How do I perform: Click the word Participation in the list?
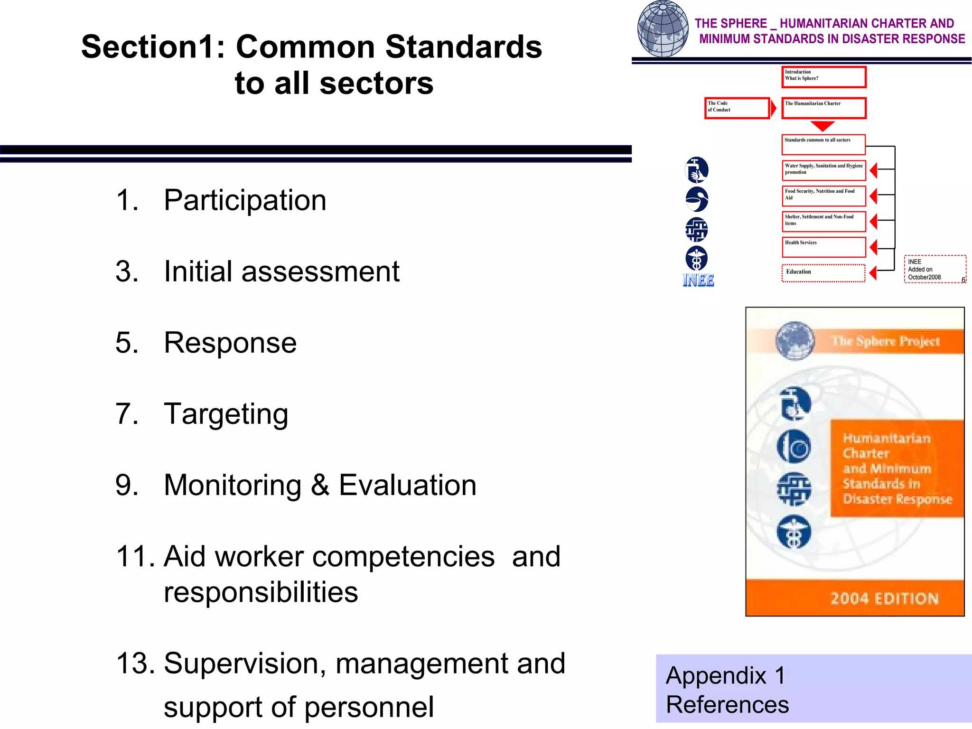pos(245,200)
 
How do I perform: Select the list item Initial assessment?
pos(281,271)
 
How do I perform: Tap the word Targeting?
pos(226,414)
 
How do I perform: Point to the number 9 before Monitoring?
pos(127,485)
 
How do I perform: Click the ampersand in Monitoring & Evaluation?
pos(320,485)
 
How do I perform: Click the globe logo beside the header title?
pos(663,28)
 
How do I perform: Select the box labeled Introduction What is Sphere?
pos(824,77)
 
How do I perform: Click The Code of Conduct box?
pos(737,108)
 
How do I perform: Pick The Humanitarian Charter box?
pos(824,108)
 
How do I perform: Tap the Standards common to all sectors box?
pos(824,144)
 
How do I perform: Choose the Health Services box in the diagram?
pos(824,247)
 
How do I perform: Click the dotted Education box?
pos(823,273)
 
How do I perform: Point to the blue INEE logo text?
pos(698,280)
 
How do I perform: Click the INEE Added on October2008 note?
pos(935,270)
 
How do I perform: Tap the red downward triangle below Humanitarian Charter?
pos(822,126)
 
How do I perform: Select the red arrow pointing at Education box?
pos(873,273)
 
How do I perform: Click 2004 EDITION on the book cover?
pos(884,598)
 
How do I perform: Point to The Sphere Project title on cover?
pos(886,341)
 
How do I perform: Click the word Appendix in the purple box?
pos(716,675)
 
